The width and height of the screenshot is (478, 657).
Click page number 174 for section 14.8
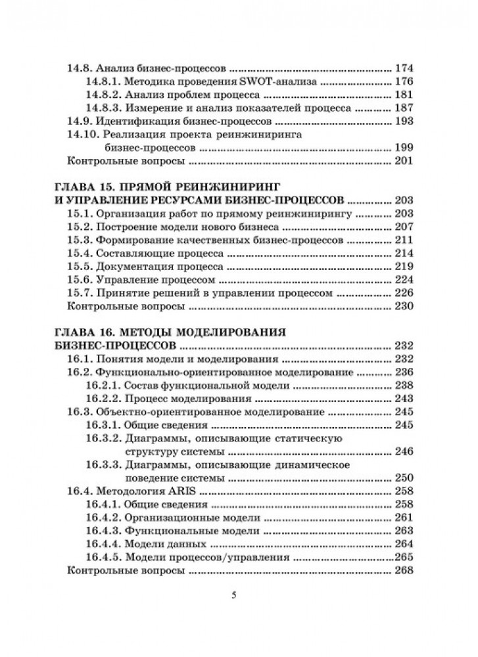coord(402,67)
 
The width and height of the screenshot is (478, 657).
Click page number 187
coord(402,108)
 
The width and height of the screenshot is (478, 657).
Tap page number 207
coord(402,227)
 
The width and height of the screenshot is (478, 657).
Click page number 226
coord(402,295)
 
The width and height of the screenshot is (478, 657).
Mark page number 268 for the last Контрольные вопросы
coord(402,572)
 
